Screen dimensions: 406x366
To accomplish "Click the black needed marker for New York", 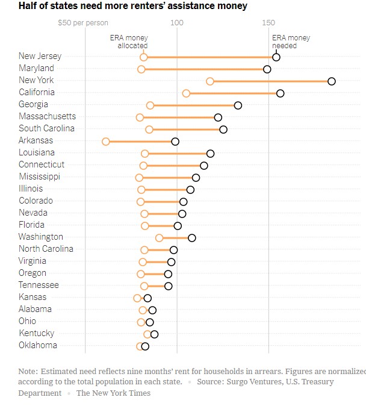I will [x=332, y=81].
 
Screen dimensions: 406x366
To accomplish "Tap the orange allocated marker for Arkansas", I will [x=106, y=142].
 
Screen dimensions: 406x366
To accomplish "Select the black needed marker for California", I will [x=281, y=93].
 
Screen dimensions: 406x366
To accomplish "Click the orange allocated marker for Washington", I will [x=159, y=238].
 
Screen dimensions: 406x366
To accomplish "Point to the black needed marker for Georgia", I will [x=238, y=105].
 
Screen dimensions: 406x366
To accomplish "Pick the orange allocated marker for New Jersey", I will [x=143, y=57].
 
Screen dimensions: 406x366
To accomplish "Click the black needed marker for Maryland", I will [x=267, y=69].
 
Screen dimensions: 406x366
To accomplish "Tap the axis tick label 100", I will [x=176, y=23].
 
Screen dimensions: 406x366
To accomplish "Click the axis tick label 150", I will [x=268, y=23].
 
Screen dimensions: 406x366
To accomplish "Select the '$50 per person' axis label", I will [x=83, y=23].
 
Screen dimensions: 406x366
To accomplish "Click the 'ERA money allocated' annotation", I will [x=129, y=42].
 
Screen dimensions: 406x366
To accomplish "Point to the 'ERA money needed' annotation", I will [x=291, y=42].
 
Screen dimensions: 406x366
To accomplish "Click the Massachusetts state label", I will [x=47, y=116].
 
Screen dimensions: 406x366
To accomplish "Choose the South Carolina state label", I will [x=46, y=128].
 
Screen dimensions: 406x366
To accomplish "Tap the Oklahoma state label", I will [x=38, y=345].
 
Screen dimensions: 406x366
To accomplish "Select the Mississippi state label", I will [x=39, y=176].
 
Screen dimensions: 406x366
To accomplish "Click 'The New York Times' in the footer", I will [x=113, y=393].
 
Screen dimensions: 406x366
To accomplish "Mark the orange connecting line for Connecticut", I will [x=173, y=166].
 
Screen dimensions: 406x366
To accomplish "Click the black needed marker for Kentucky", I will [x=155, y=334].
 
